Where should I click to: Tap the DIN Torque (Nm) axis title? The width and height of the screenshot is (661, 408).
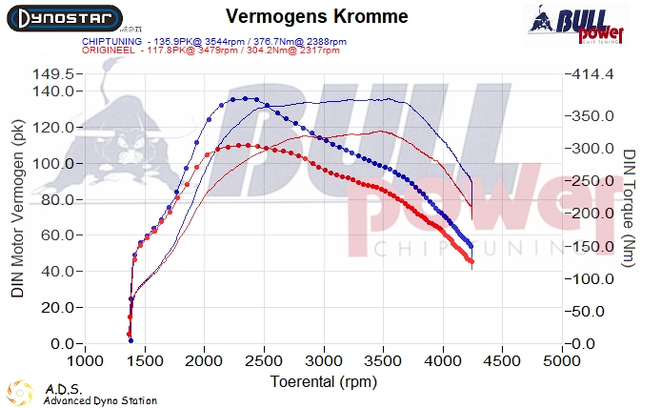[x=629, y=207]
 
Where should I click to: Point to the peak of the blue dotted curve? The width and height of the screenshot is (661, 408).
[x=246, y=98]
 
